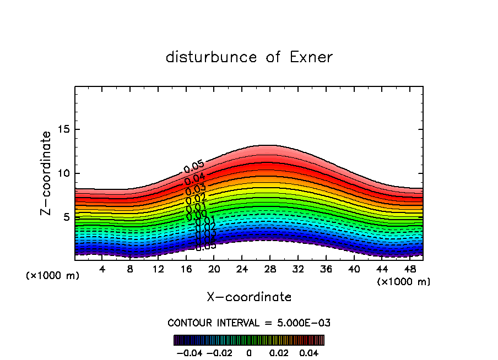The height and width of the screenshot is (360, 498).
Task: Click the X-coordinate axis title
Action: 249,297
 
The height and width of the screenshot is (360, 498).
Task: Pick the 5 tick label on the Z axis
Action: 66,217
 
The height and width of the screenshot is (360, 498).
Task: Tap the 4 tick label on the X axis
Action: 102,270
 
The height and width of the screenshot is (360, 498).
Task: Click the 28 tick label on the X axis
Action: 270,270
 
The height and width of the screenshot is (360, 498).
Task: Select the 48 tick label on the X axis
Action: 409,270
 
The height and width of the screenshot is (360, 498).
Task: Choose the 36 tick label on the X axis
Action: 326,270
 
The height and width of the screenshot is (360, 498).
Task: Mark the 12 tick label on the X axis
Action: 158,270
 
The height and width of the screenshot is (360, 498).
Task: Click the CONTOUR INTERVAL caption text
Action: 249,323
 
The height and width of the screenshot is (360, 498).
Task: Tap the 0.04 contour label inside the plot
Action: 195,179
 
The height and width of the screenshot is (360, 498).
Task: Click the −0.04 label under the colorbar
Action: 189,352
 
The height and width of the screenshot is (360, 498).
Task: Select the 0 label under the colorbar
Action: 249,352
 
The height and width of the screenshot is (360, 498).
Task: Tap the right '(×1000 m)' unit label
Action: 403,282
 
